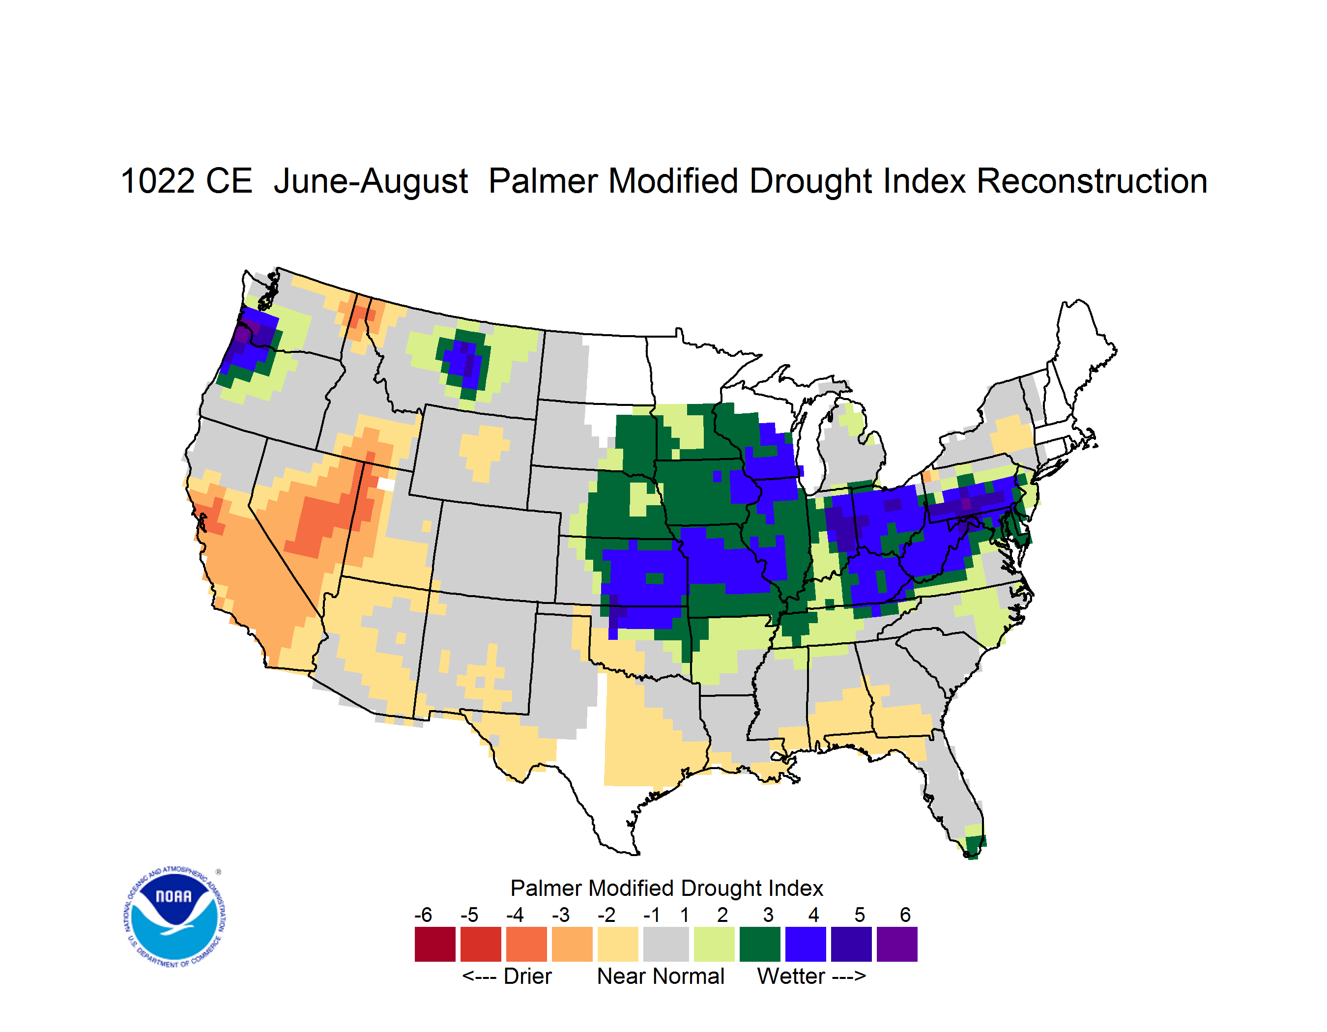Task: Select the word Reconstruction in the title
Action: tap(1092, 181)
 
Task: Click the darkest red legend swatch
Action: tap(435, 944)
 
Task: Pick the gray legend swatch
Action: tap(666, 944)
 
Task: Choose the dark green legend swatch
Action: tap(759, 944)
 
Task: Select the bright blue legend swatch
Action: tap(806, 944)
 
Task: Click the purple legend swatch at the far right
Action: tap(897, 944)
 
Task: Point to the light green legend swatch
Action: tap(714, 944)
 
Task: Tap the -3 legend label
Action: tap(560, 914)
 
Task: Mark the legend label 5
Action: tap(859, 914)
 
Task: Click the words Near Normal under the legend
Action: tap(661, 976)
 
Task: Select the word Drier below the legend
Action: tap(527, 976)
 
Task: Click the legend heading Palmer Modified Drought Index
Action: tap(666, 888)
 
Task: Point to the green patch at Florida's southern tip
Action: tap(974, 846)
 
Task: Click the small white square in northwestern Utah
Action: tap(386, 484)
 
